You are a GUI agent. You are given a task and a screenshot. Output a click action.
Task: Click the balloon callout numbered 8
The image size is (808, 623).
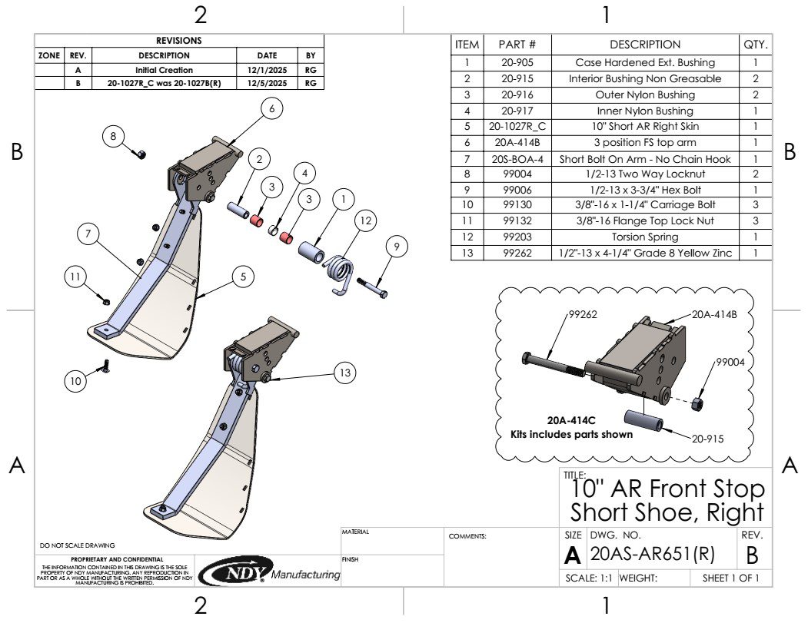pos(113,137)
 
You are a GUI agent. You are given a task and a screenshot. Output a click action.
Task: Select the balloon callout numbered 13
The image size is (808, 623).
pos(345,373)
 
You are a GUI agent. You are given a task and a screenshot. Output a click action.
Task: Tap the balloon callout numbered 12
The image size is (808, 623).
pos(366,221)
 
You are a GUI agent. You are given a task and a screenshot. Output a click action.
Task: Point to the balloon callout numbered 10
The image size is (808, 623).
pos(75,380)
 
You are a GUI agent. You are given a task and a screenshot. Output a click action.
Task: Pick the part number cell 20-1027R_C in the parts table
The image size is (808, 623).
pos(517,127)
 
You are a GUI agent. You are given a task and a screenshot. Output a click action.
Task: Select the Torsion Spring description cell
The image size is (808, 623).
pos(645,237)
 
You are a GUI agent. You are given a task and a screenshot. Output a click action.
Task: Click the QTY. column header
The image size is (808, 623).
pos(756,45)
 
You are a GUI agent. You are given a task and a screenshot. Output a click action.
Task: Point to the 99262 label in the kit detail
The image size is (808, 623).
pos(584,315)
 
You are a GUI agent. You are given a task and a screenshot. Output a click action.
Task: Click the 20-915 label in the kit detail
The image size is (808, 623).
pos(707,439)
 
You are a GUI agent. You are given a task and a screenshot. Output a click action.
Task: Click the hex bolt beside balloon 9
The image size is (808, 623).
pos(372,289)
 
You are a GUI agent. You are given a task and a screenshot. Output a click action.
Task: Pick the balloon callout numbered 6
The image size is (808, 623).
pos(271,110)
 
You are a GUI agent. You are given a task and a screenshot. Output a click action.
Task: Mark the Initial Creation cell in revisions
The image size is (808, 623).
pos(164,70)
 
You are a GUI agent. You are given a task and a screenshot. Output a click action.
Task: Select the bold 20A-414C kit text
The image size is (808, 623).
pos(571,421)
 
